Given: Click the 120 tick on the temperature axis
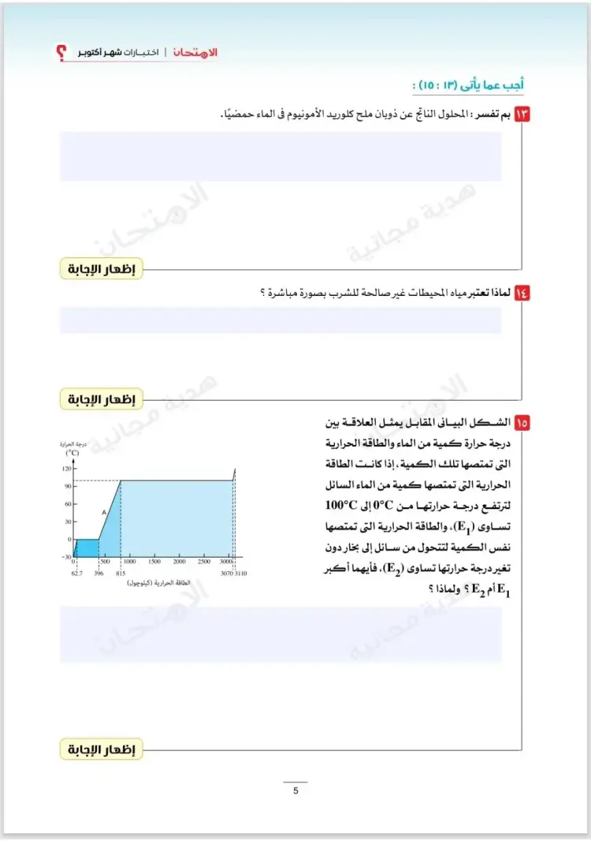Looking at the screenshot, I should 66,469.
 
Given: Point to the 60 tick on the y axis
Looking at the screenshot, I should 67,504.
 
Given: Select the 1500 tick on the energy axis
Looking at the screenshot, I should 154,562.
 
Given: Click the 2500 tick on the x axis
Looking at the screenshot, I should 204,562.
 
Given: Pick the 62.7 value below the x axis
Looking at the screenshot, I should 76,574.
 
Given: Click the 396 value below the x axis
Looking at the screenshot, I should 98,574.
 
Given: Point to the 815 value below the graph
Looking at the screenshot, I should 121,574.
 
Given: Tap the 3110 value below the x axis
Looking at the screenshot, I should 240,574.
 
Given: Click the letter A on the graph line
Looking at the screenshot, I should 103,512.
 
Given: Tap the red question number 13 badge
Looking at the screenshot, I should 522,114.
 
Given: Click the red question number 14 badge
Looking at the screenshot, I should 522,293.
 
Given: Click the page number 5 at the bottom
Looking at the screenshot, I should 295,791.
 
